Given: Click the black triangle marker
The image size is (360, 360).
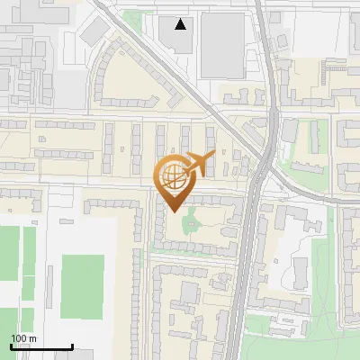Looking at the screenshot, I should pyautogui.click(x=182, y=24).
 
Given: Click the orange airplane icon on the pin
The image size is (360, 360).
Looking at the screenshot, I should pyautogui.click(x=199, y=163).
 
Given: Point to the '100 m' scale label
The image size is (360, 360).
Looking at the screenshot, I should pyautogui.click(x=23, y=338).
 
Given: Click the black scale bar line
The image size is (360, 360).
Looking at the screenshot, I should pyautogui.click(x=41, y=347).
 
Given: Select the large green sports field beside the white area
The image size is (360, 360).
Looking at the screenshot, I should pyautogui.click(x=82, y=286).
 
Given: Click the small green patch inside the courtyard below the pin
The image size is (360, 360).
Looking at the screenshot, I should pyautogui.click(x=191, y=222).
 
